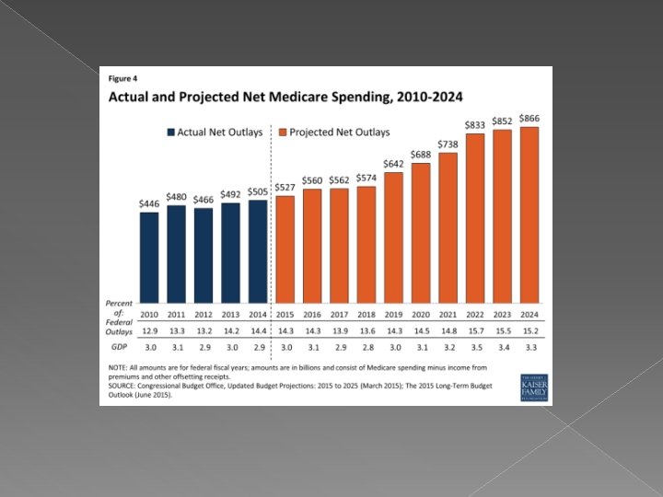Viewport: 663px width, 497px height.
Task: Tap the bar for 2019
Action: [x=393, y=237]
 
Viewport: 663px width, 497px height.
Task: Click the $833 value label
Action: [x=475, y=124]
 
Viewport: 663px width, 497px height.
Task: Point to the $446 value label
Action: [x=149, y=203]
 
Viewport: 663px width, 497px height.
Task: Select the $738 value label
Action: [x=448, y=144]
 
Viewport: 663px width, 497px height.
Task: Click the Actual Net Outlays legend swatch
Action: [x=171, y=133]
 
